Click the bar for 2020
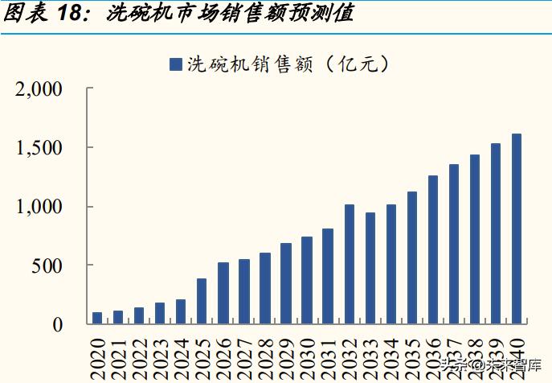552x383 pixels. click(x=97, y=318)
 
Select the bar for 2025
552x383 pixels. click(x=202, y=301)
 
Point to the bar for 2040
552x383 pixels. click(x=517, y=229)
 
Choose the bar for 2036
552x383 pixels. click(x=433, y=249)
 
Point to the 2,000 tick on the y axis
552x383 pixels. click(x=39, y=89)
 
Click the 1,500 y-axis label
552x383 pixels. click(x=39, y=148)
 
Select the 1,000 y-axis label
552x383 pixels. click(x=39, y=207)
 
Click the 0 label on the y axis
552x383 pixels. click(x=57, y=324)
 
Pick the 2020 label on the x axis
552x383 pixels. click(x=97, y=355)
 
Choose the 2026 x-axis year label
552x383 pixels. click(x=223, y=355)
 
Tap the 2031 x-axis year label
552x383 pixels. click(x=328, y=355)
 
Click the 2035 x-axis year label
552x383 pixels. click(x=412, y=355)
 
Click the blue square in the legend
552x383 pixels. click(x=175, y=64)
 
